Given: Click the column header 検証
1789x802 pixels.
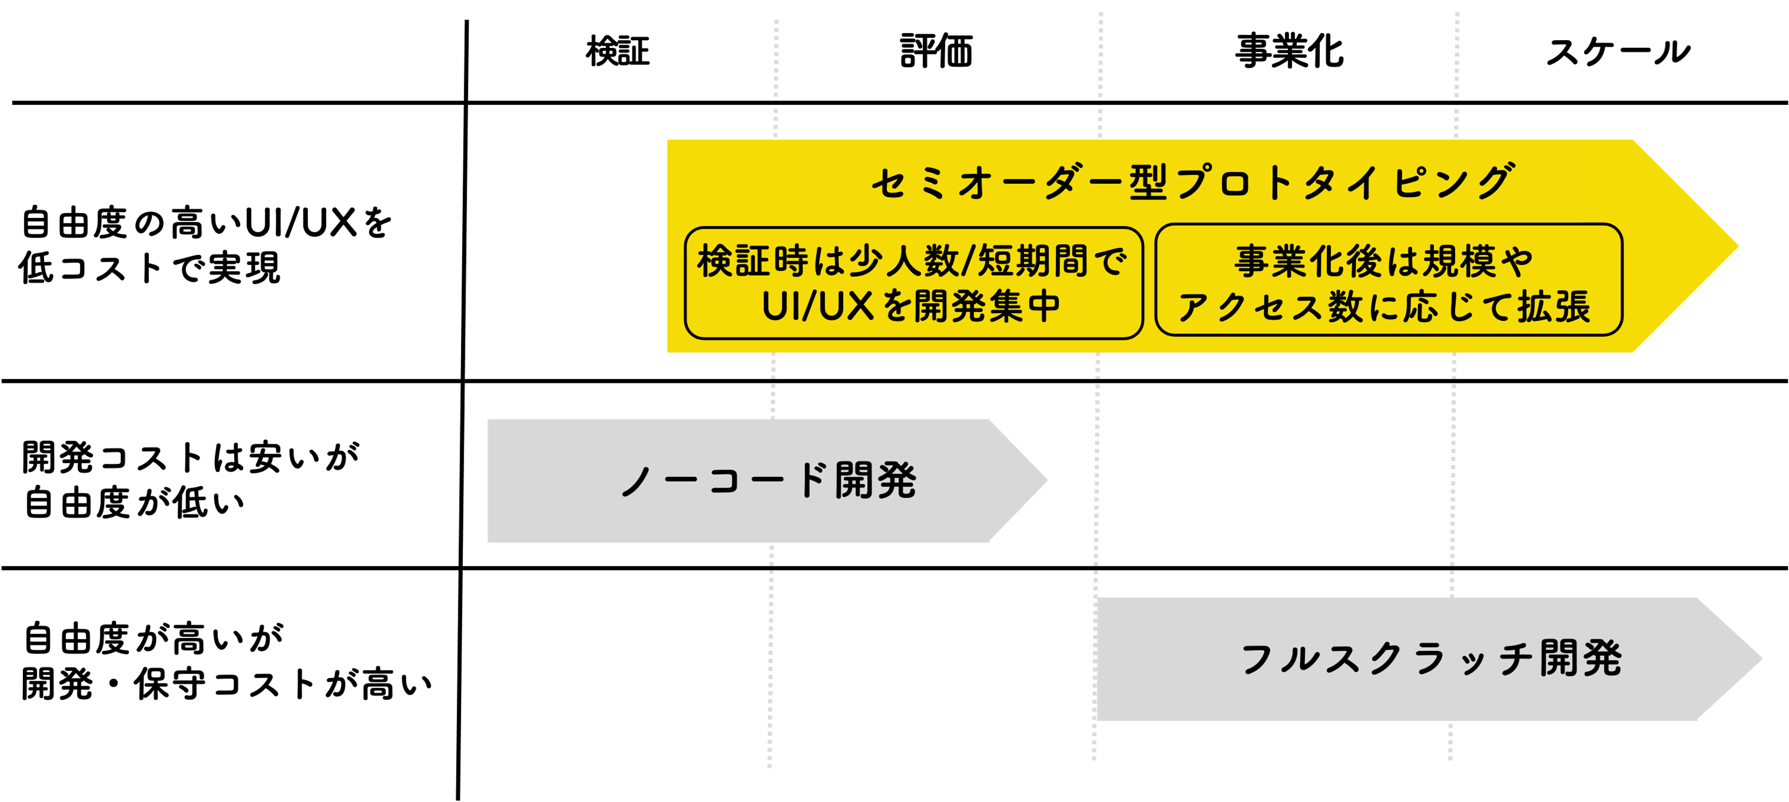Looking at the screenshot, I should [617, 52].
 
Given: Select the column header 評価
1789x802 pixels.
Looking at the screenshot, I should [936, 52].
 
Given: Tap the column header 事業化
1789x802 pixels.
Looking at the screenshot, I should [1289, 52].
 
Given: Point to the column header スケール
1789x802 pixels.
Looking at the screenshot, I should [1618, 52].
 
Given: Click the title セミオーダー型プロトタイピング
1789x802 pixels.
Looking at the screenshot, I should [1192, 183].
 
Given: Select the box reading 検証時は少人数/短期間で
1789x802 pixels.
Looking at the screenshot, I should [912, 262].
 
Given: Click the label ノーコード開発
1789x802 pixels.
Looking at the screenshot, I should [769, 481].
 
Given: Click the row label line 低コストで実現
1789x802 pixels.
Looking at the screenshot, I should [150, 268].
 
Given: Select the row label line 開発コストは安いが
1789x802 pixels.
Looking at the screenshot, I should [191, 458].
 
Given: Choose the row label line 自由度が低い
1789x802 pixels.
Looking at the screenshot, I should [134, 503].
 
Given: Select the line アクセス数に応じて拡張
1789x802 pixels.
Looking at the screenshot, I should [1383, 307].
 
